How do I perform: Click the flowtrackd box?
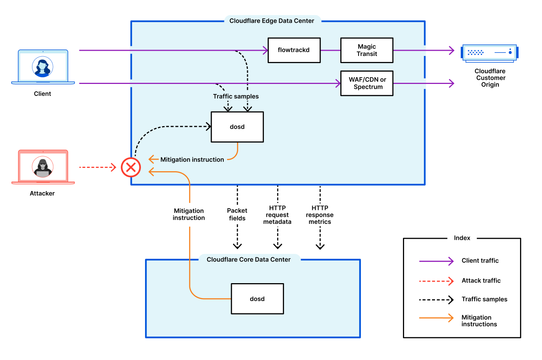point(294,50)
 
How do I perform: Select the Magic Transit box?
point(367,50)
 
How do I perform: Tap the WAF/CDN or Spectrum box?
point(367,83)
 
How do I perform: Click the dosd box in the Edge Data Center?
point(237,127)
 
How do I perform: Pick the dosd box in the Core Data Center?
point(257,299)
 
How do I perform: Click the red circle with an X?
point(131,167)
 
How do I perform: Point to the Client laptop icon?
point(43,67)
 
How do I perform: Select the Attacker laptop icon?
point(43,167)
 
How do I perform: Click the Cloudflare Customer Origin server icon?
point(489,53)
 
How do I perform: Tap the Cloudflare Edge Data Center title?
point(272,21)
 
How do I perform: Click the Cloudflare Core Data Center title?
point(249,260)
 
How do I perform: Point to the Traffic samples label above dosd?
point(236,96)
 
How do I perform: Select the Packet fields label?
point(237,215)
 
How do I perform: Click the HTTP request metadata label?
point(277,215)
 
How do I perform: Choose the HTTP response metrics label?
point(320,215)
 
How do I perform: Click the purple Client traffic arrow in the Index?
point(436,261)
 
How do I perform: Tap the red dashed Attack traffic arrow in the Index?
point(436,281)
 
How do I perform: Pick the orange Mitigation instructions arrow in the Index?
point(436,318)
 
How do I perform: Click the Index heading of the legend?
point(462,238)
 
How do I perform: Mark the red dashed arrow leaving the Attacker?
point(98,167)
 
